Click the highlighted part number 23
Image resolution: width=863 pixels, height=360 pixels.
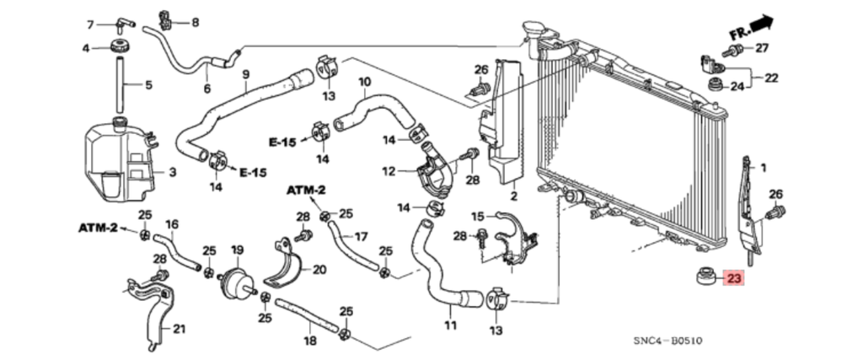coord(734,278)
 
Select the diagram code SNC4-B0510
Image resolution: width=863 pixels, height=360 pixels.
coord(668,341)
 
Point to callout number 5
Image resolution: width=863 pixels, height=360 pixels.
coord(148,85)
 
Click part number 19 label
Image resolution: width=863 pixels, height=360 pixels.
coord(237,250)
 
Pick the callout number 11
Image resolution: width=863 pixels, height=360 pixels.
coord(449,325)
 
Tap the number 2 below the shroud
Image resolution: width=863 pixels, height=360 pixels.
coord(513,196)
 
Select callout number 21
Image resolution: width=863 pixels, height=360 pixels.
coord(179,329)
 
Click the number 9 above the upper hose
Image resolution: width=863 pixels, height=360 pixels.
coord(245,74)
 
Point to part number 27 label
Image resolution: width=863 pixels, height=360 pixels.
coord(762,48)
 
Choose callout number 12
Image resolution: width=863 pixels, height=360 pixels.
coord(389,172)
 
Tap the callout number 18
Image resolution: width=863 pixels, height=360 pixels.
coord(309,341)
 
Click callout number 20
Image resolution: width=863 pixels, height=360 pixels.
coord(319,270)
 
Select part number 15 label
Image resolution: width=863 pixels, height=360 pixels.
coord(478,216)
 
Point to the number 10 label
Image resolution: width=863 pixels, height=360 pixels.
coord(364,83)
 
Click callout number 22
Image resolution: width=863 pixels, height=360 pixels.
coord(771,78)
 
